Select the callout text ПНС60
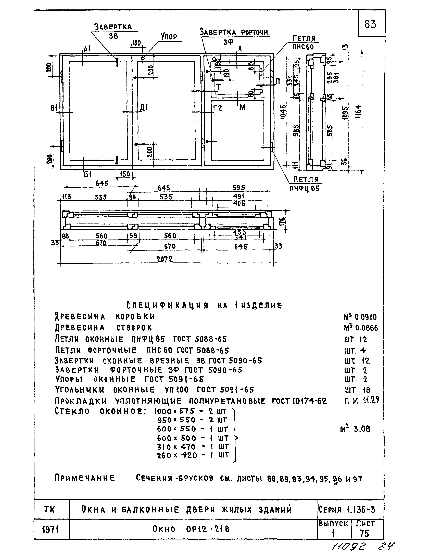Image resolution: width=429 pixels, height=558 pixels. [303, 47]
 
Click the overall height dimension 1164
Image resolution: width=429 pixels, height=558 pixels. [359, 113]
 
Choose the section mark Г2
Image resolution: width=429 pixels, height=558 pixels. [218, 108]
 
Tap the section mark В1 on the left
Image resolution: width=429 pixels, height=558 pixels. [53, 108]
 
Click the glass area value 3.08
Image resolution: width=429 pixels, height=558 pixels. [362, 429]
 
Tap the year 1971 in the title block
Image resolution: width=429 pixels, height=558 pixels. [51, 530]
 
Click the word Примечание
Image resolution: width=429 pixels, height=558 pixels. [85, 478]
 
